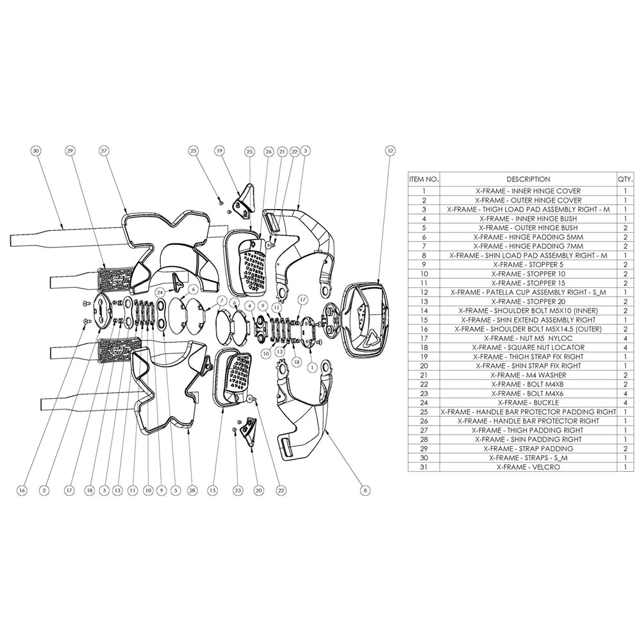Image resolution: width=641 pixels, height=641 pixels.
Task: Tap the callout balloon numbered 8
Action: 365,490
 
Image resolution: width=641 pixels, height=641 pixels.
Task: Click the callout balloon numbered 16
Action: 22,490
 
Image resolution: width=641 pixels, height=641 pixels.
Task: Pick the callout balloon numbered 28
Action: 191,490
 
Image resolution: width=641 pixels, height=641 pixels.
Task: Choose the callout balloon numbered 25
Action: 249,151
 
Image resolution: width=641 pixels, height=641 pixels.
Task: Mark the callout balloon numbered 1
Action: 312,368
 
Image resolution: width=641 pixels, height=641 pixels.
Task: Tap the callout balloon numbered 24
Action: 160,290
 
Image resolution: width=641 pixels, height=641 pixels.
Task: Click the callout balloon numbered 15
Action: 212,490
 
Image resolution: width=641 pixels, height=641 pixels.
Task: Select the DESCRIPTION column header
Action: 528,179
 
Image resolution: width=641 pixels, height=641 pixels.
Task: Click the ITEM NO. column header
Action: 424,179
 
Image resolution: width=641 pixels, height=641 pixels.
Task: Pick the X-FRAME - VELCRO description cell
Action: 528,467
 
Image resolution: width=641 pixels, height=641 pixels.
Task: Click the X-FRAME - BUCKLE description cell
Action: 528,403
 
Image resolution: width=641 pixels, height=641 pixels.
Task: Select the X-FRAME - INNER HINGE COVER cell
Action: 528,191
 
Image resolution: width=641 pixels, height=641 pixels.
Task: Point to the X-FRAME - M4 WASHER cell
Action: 528,375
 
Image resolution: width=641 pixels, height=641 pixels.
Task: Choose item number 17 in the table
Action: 424,338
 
